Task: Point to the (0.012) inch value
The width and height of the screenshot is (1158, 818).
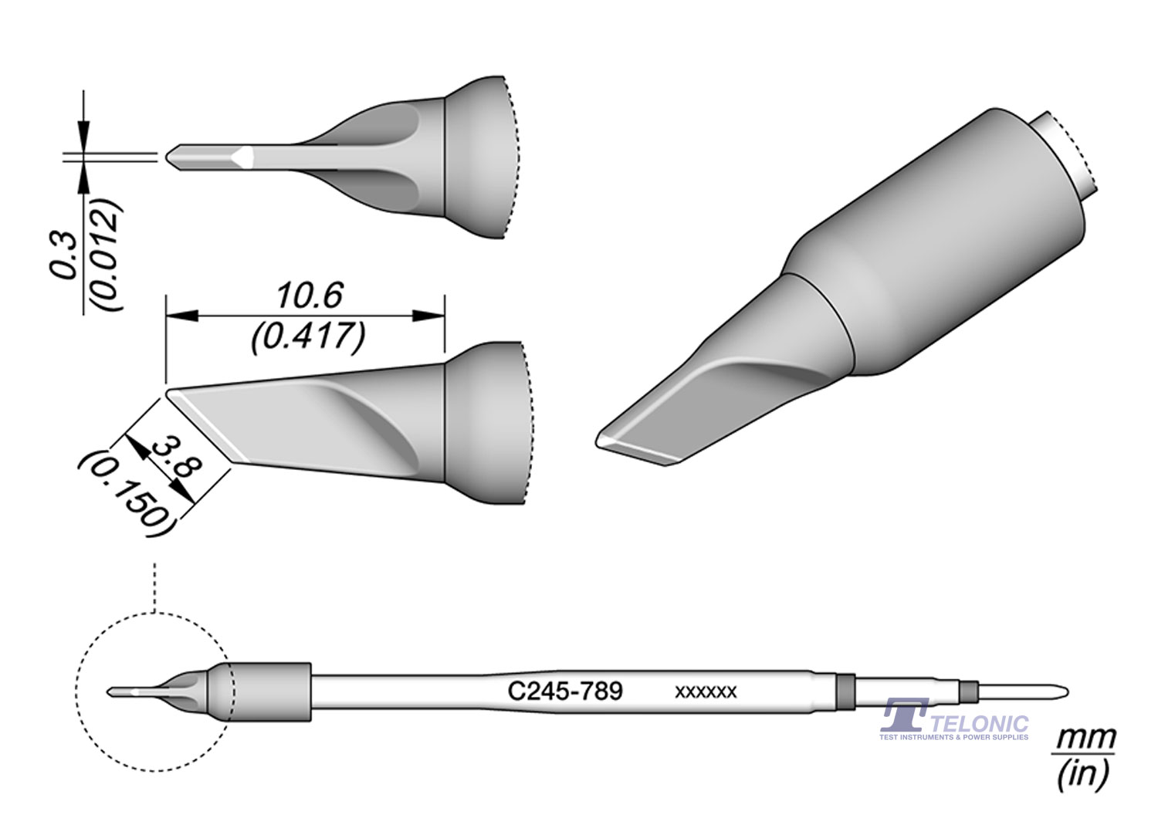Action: [105, 255]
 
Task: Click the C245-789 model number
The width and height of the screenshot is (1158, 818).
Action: [565, 690]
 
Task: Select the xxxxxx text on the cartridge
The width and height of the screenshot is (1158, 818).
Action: [706, 692]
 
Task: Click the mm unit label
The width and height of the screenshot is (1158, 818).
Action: [1085, 739]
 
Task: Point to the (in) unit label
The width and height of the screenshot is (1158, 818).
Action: [1084, 772]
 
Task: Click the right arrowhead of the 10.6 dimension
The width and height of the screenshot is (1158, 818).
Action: [428, 316]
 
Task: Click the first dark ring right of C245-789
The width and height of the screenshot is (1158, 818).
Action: [846, 691]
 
